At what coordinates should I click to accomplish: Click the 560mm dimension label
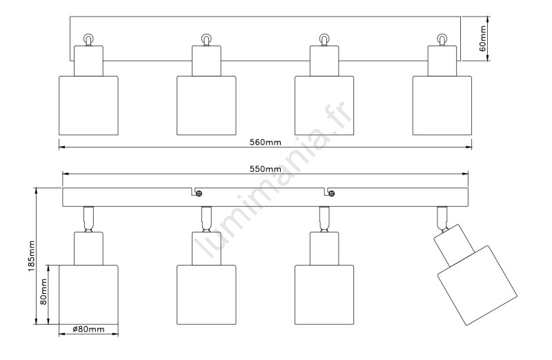click(265, 143)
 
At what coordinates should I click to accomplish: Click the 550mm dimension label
click(265, 169)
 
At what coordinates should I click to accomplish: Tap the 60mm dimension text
click(484, 39)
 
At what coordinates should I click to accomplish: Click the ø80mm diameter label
click(88, 330)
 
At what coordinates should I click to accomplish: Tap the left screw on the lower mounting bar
click(197, 192)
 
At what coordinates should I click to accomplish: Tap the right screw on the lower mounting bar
click(331, 192)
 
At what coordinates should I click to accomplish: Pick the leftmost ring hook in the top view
click(88, 39)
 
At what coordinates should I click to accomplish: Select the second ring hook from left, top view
click(206, 39)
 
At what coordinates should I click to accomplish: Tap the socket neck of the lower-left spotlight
click(88, 248)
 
